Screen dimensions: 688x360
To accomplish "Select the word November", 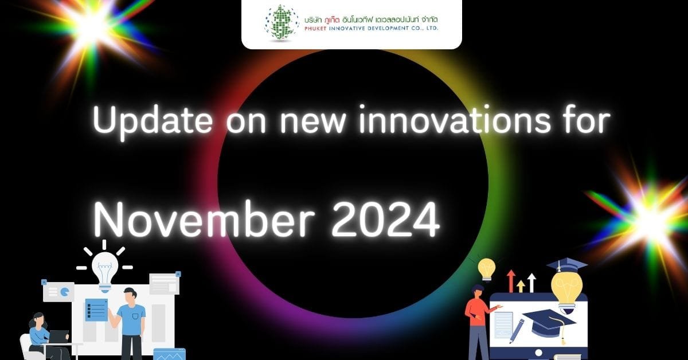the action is (x=204, y=220).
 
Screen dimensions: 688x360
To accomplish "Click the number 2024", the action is (x=385, y=220).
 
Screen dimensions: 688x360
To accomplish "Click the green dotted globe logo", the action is (x=282, y=23).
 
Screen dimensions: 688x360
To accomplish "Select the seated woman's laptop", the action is (x=58, y=336).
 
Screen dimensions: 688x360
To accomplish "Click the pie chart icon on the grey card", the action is (x=64, y=292).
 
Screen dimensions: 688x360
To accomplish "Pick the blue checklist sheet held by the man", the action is (x=96, y=310).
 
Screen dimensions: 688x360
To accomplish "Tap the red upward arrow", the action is (x=511, y=281).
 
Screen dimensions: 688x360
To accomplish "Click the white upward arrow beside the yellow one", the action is (x=531, y=283).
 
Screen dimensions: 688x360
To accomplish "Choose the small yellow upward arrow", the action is (x=521, y=286).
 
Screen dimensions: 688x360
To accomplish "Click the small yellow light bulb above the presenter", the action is (x=487, y=269).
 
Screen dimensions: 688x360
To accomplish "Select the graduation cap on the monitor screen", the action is (x=549, y=323).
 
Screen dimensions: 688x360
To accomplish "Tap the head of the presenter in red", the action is (x=477, y=292).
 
